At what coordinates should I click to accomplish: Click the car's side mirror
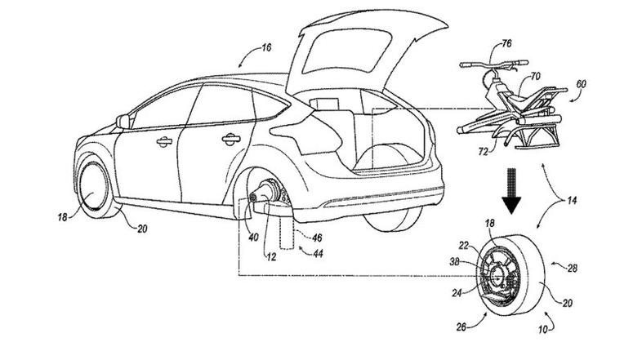[x=122, y=121]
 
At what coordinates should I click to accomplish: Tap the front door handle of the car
[x=164, y=142]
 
